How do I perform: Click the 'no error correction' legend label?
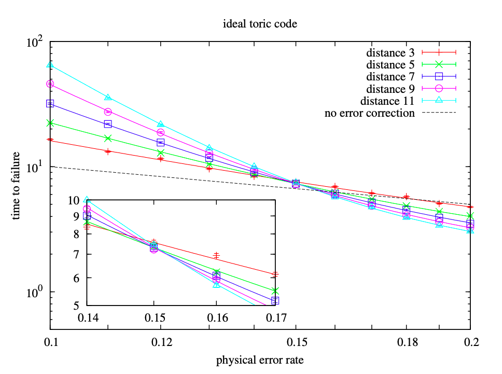(369, 113)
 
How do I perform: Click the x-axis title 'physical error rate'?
(260, 359)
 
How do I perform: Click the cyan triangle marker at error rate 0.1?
(50, 65)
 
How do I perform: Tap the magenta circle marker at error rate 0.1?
(50, 84)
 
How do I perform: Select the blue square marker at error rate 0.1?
(50, 103)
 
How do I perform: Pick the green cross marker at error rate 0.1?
(50, 123)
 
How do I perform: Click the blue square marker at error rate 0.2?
(470, 223)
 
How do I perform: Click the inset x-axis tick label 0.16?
(216, 316)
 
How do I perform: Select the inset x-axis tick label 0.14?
(87, 316)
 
